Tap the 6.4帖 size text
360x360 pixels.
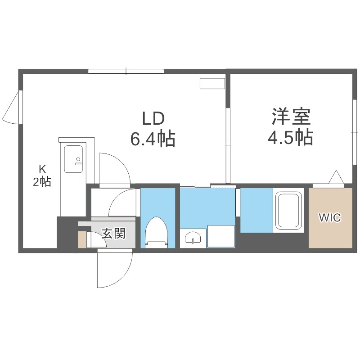tap(153, 139)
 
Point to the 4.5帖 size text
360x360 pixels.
tap(290, 138)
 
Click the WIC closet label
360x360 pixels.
tap(330, 218)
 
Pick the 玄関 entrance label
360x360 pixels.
tap(112, 234)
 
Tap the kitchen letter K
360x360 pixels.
tap(42, 169)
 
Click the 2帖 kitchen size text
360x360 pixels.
tap(41, 181)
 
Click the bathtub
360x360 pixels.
tap(288, 210)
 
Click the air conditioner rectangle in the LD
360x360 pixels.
tap(211, 84)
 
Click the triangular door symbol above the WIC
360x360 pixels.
tap(336, 178)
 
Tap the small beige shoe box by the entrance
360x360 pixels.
tap(81, 239)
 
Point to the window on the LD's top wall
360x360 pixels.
tap(126, 71)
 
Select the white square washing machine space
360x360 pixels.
tap(221, 236)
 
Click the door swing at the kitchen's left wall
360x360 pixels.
tap(13, 108)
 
